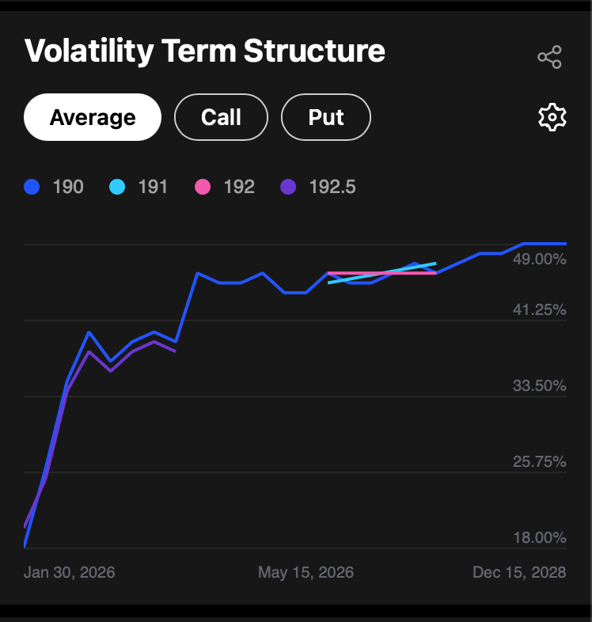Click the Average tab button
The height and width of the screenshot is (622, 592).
(x=93, y=117)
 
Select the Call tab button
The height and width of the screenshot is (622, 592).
(x=221, y=117)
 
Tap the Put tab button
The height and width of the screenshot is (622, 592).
(x=326, y=117)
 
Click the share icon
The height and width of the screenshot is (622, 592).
(x=549, y=57)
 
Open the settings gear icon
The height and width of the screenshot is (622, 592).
(x=552, y=117)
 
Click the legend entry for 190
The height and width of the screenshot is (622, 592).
(x=54, y=187)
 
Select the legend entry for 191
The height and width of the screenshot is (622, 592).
(x=140, y=187)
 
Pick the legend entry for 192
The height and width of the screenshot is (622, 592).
(x=226, y=187)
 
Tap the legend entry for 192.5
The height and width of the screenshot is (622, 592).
(x=319, y=187)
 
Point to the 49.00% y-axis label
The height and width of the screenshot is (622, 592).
(x=540, y=260)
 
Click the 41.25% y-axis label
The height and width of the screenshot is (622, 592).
(x=540, y=310)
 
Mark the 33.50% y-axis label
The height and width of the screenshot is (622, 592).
(x=540, y=386)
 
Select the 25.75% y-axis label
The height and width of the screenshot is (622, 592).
(x=540, y=462)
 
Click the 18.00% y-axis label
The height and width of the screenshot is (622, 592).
(x=540, y=538)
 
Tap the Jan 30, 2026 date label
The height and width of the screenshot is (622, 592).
(x=70, y=572)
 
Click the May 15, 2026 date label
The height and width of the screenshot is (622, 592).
(x=305, y=572)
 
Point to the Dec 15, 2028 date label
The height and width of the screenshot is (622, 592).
(x=519, y=572)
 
